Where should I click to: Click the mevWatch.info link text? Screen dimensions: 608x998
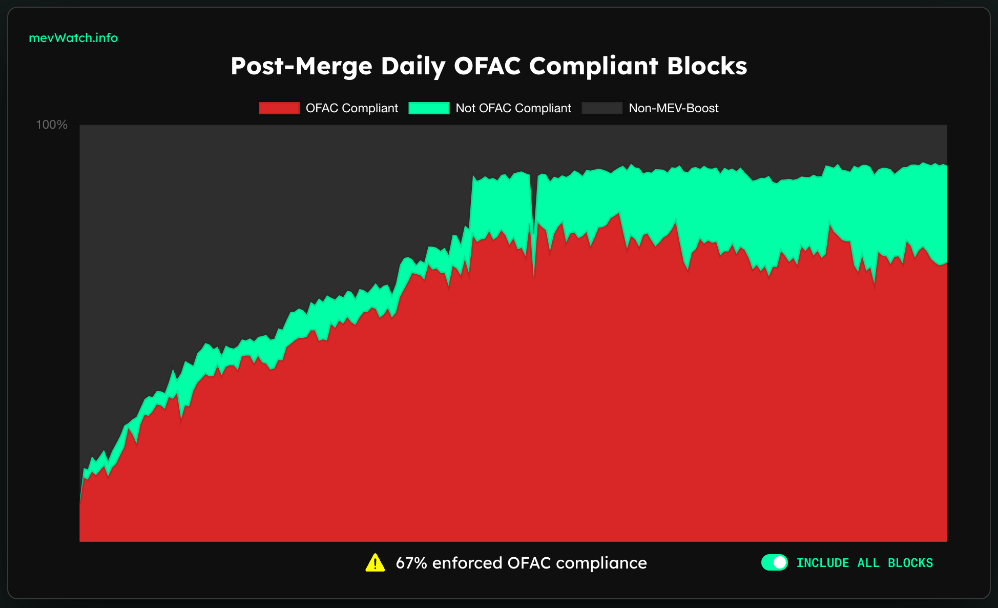(x=73, y=38)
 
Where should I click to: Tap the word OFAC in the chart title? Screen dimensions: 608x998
(x=487, y=66)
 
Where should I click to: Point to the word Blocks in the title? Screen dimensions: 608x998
(x=707, y=66)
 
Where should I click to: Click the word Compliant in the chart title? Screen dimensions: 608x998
(x=593, y=66)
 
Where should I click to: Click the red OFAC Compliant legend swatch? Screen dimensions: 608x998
(x=279, y=108)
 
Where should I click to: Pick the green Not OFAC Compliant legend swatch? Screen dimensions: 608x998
(x=429, y=108)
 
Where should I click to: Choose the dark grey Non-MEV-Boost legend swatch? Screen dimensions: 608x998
(x=602, y=108)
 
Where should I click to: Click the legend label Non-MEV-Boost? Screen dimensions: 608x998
(x=674, y=108)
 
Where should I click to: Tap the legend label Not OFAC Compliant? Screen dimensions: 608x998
(x=513, y=108)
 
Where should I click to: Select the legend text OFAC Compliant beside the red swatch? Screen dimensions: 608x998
(x=352, y=108)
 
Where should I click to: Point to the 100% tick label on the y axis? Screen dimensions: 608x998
(x=52, y=125)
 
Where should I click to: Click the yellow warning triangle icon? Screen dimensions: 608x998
(x=375, y=563)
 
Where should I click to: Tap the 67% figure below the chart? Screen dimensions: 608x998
(x=411, y=563)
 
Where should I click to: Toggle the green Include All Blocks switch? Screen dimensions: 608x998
(x=774, y=562)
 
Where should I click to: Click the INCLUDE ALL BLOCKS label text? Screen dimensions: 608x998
(x=864, y=563)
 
